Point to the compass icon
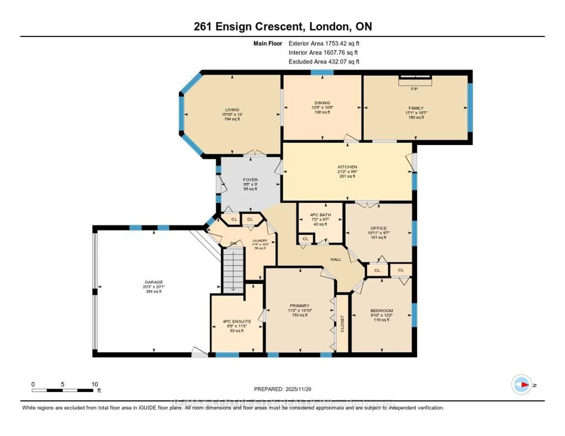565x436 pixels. tap(522, 385)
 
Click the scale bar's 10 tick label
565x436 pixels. tap(95, 384)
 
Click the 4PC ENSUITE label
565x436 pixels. tap(237, 321)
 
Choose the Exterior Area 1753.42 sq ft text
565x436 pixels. tap(324, 43)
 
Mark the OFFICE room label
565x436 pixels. tap(378, 228)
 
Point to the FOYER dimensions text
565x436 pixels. tap(250, 184)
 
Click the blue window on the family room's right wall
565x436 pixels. tap(470, 107)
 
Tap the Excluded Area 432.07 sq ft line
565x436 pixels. tap(324, 61)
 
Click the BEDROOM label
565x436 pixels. tap(382, 311)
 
